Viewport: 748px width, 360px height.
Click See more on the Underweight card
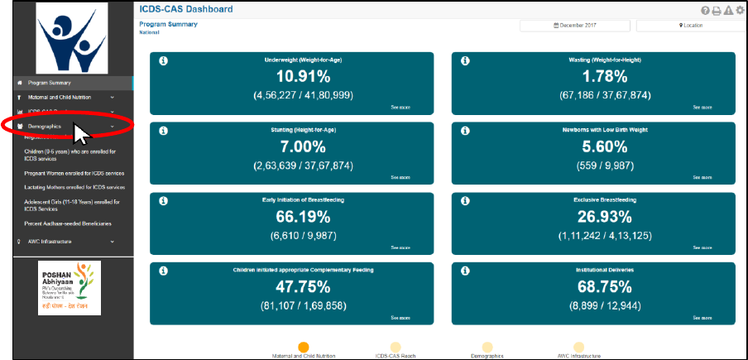click(400, 108)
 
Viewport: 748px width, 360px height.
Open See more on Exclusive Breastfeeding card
click(702, 247)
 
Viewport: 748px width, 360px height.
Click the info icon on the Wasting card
click(465, 60)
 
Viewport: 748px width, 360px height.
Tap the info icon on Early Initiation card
click(163, 200)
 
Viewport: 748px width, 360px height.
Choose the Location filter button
click(691, 26)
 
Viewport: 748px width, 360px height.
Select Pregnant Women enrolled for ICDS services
click(74, 174)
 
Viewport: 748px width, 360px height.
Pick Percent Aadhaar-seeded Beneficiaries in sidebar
click(68, 223)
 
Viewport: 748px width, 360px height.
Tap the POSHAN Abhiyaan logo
click(69, 287)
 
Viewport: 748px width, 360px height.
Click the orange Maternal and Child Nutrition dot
click(304, 348)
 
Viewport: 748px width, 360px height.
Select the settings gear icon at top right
click(739, 10)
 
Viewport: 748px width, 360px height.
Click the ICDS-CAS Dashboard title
click(185, 9)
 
